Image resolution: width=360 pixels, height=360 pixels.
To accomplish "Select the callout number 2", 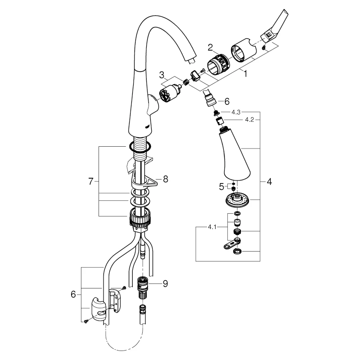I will [210, 47].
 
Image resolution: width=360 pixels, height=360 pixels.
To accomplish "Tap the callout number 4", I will [269, 182].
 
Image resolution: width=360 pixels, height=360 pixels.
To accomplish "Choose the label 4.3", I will [236, 112].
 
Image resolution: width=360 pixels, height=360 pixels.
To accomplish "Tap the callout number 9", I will [165, 283].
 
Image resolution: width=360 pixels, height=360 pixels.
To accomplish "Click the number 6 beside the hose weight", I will [73, 294].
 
